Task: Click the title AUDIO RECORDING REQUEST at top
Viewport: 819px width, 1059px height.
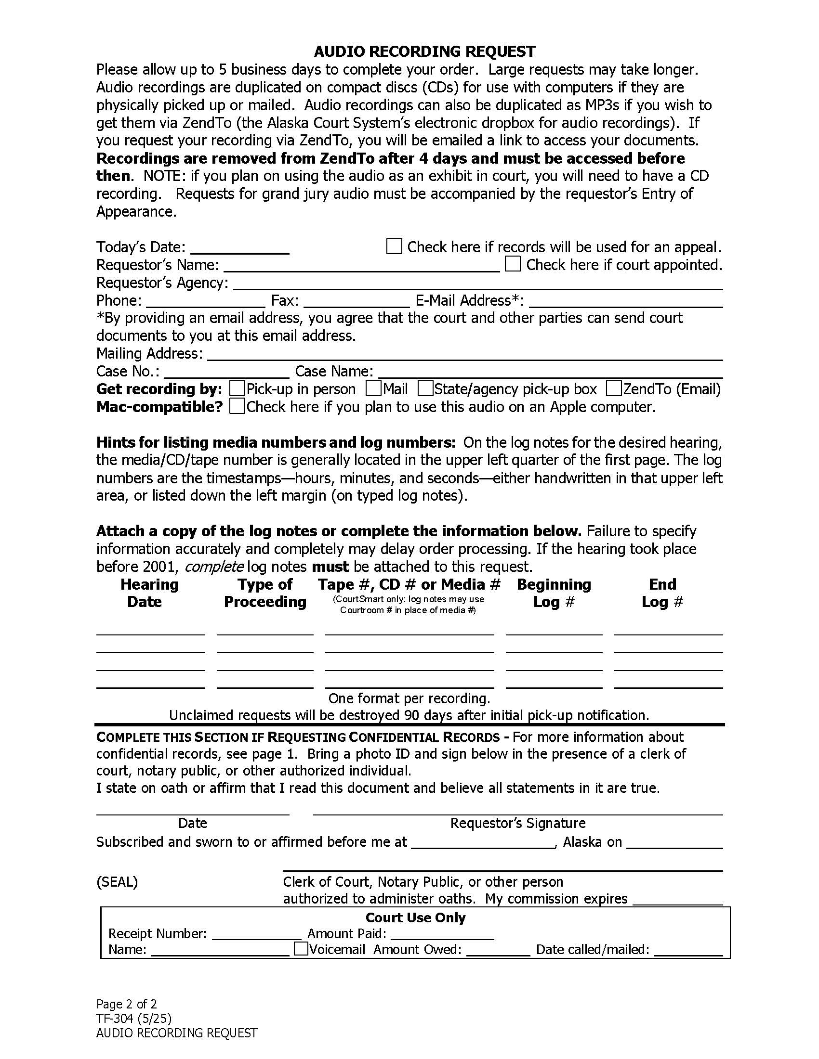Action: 424,52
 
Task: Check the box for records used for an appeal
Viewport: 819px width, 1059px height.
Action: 394,246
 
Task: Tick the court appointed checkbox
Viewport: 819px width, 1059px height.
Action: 513,264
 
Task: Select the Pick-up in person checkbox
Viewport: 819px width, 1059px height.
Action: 237,388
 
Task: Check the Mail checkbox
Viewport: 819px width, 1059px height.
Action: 373,388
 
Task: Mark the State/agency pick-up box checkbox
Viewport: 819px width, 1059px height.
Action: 425,388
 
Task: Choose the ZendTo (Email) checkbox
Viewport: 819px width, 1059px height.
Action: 614,388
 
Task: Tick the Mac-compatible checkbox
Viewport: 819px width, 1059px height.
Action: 237,406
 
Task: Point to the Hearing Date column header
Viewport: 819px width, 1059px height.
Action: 149,593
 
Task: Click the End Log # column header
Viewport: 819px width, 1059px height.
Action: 662,593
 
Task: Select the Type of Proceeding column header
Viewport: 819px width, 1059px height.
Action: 265,593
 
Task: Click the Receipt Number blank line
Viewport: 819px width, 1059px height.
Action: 257,934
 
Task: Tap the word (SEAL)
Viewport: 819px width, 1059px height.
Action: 117,881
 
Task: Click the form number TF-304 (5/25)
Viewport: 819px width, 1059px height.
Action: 134,1018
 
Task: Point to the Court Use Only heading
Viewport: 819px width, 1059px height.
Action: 415,917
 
